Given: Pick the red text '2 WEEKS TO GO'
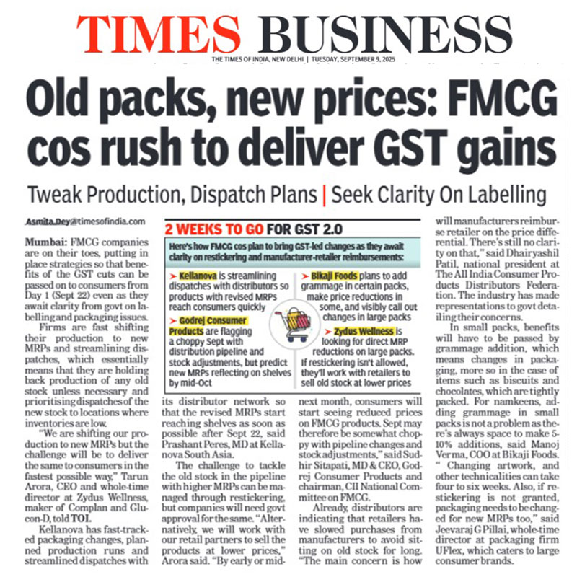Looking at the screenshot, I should (216, 230).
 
